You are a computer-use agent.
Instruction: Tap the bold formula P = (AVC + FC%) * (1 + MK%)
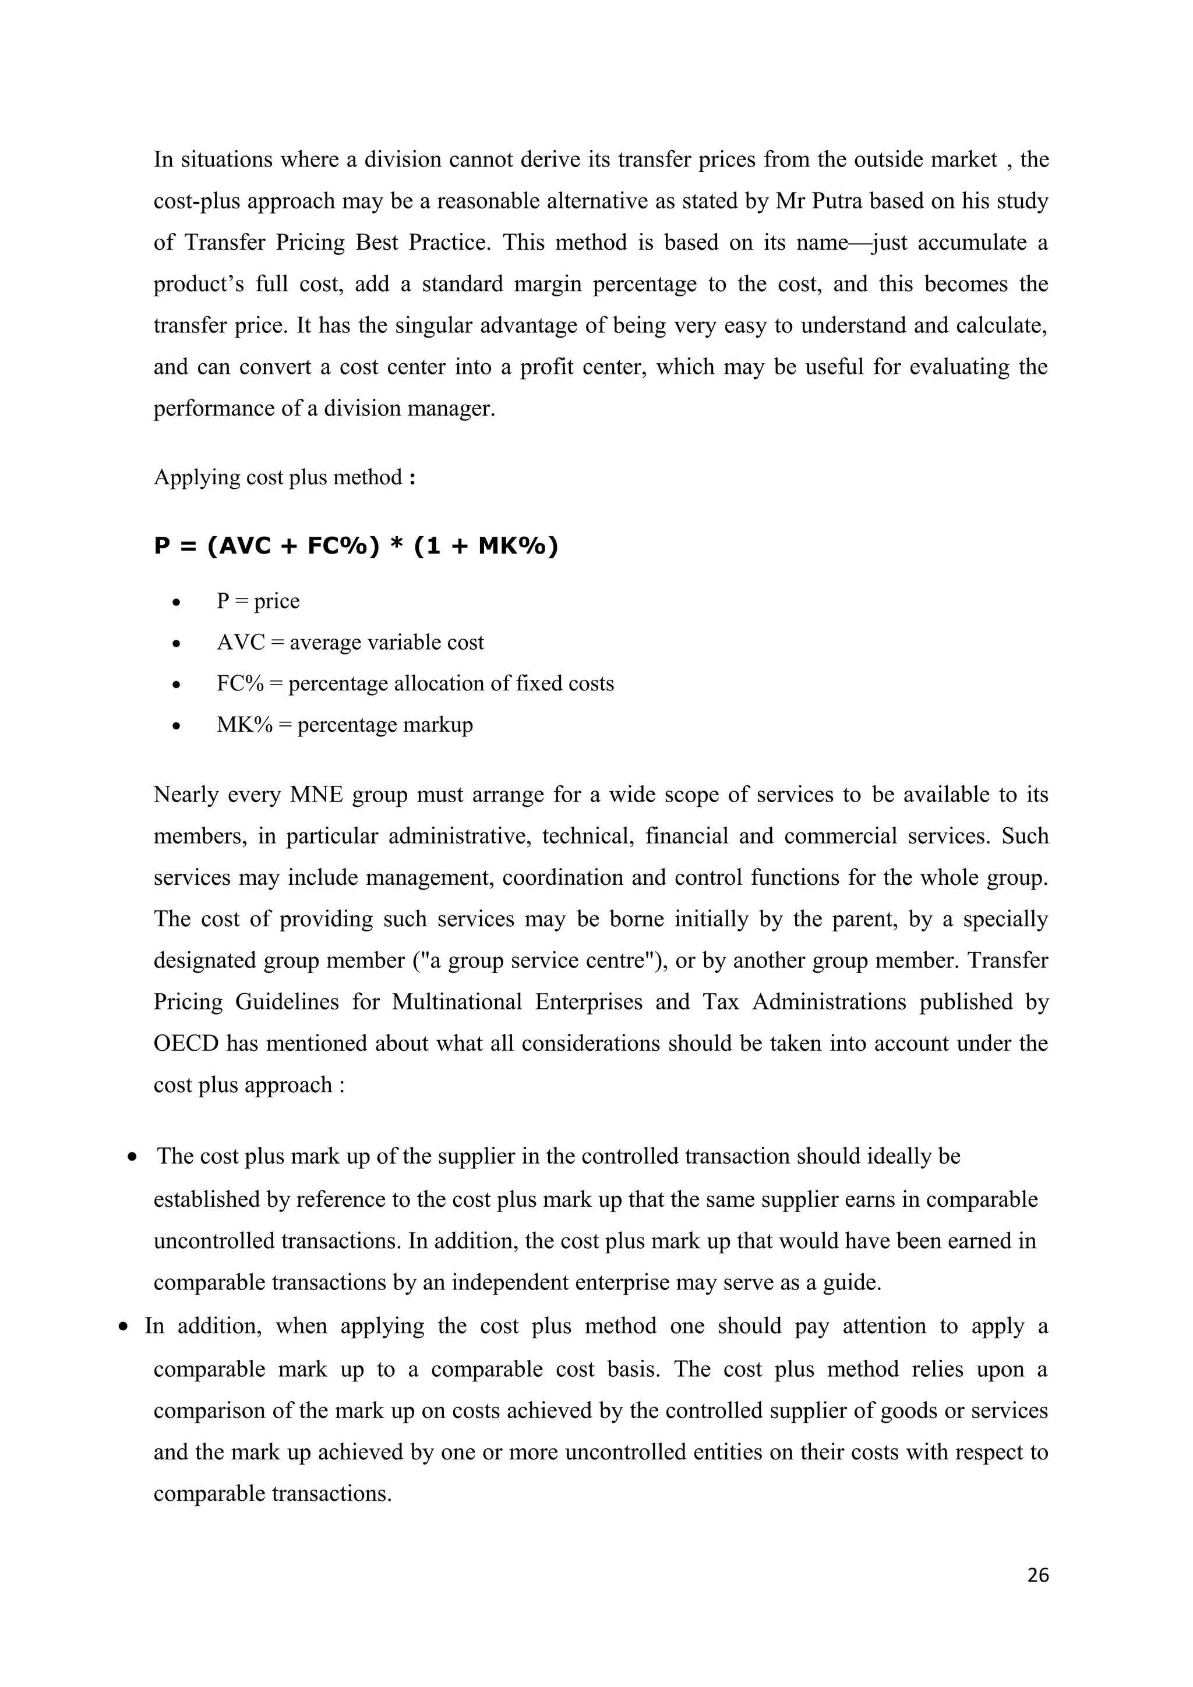coord(356,546)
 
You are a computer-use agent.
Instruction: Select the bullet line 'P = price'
coord(258,601)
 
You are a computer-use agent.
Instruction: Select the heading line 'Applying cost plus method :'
coord(284,477)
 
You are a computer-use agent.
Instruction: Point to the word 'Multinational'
coord(457,1002)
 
